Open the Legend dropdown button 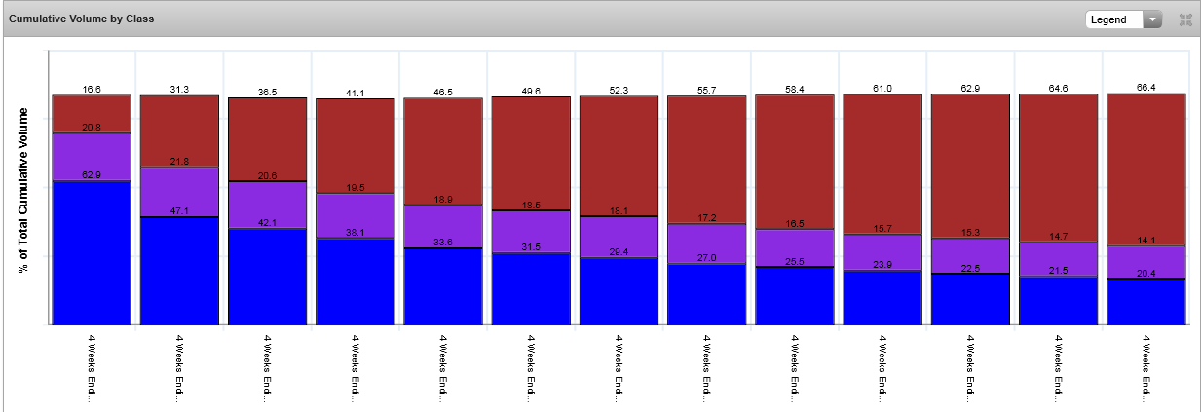tap(1124, 19)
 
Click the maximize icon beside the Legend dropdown tap(1185, 19)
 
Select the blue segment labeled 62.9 tap(92, 253)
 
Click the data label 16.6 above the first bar tap(92, 89)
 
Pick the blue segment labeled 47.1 tap(179, 271)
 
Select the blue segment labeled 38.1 tap(355, 281)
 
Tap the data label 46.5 tap(442, 91)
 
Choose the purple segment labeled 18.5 tap(531, 232)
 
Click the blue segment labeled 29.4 tap(619, 291)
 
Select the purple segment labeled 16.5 tap(794, 247)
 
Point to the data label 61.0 tap(882, 89)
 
